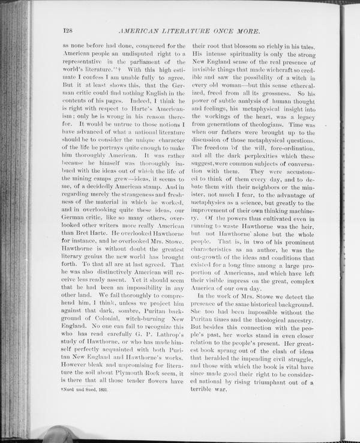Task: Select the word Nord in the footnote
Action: click(x=72, y=390)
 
